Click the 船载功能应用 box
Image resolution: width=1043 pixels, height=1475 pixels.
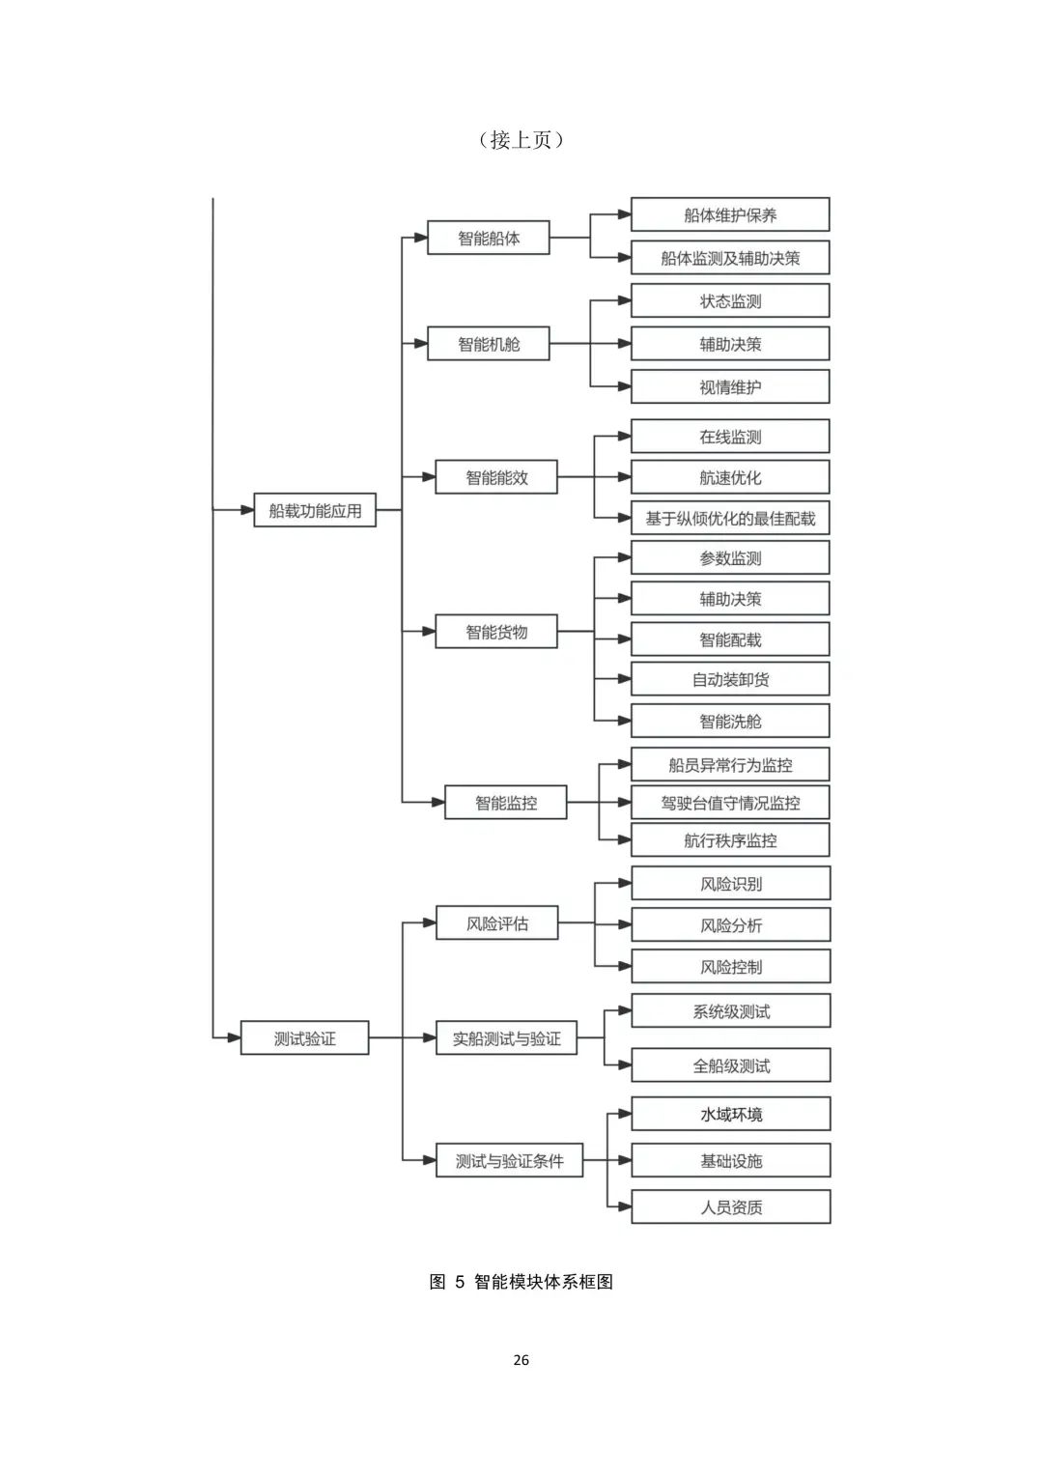tap(315, 510)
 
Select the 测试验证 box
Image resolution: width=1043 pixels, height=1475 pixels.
tap(304, 1037)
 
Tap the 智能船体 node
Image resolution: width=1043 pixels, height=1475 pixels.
tap(489, 238)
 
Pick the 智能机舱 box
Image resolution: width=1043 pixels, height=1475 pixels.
tap(489, 343)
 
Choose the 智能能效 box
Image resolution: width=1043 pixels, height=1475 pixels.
tap(496, 477)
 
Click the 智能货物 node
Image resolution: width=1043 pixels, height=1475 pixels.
tap(496, 632)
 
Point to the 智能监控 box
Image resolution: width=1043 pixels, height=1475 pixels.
tap(506, 802)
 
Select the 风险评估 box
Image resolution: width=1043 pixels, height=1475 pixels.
tap(497, 922)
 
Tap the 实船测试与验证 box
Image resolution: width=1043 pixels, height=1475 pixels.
tap(506, 1037)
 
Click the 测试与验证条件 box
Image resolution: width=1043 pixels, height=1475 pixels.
tap(510, 1160)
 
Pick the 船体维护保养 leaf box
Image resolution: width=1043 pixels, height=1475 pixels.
tap(730, 214)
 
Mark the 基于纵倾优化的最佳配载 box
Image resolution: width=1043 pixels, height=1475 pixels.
tap(730, 518)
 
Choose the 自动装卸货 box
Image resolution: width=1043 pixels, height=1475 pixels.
tap(730, 679)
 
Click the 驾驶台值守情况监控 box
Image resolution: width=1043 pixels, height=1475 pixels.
tap(730, 802)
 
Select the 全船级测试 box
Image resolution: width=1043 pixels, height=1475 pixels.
tap(731, 1065)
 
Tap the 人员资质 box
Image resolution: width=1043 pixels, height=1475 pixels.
tap(731, 1207)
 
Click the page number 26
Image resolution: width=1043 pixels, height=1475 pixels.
tap(521, 1360)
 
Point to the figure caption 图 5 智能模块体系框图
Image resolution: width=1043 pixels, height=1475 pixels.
tap(521, 1282)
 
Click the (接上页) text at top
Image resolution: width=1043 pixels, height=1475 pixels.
tap(521, 140)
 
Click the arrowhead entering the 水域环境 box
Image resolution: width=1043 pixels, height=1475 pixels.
tap(624, 1114)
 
